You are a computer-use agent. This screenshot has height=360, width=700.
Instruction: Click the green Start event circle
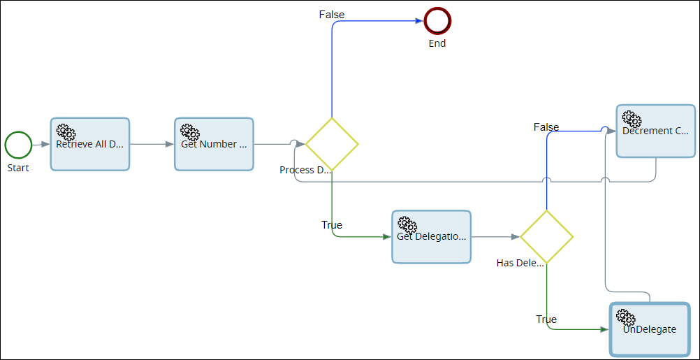coord(18,145)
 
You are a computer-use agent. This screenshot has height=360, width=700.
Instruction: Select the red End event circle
coord(437,21)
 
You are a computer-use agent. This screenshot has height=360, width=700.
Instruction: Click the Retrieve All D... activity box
coord(90,144)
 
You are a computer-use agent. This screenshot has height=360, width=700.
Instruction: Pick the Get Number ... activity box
coord(214,144)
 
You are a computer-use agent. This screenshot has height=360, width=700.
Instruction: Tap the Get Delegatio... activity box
coord(431,237)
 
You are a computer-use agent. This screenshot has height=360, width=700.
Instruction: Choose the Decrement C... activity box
coord(655,131)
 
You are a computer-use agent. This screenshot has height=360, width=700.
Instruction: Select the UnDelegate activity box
coord(649,329)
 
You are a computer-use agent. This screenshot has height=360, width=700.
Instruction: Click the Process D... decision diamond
coord(332,144)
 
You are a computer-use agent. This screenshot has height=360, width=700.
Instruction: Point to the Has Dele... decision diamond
coord(546,237)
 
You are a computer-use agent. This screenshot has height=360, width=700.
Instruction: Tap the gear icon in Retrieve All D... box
coord(66,132)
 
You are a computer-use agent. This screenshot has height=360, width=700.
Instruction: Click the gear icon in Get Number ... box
coord(190,132)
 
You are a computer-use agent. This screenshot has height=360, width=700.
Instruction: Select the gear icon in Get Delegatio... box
coord(407,225)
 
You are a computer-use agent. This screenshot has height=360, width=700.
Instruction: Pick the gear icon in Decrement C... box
coord(632,120)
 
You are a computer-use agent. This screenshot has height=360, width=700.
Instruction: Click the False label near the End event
coord(332,15)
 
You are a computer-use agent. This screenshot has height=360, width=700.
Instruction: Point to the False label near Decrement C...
coord(546,127)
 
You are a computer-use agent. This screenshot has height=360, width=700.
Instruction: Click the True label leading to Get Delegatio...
coord(332,225)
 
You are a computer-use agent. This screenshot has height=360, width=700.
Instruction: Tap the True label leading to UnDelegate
coord(546,319)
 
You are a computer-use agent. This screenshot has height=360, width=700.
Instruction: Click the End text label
coord(437,43)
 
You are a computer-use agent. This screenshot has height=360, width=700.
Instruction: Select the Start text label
coord(18,168)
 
